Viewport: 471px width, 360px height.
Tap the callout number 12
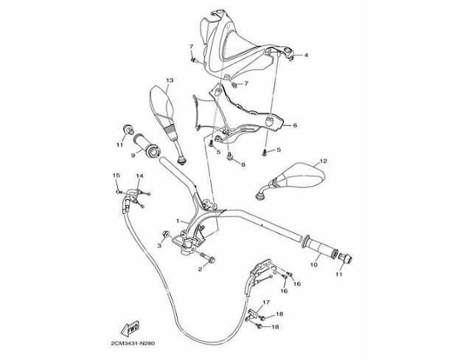(x=323, y=160)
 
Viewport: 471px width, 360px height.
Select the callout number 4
(x=306, y=55)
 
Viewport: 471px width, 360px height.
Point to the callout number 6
(x=295, y=125)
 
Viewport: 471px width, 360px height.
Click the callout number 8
(x=243, y=165)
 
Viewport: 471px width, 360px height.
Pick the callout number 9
(x=133, y=155)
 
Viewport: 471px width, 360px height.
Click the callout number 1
(x=178, y=221)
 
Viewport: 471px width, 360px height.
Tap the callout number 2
(x=199, y=269)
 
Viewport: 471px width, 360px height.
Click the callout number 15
(x=115, y=175)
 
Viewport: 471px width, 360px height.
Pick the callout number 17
(x=266, y=302)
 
